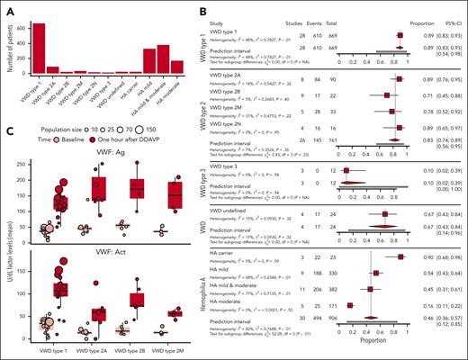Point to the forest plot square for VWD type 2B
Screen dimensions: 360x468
pos(386,119)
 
